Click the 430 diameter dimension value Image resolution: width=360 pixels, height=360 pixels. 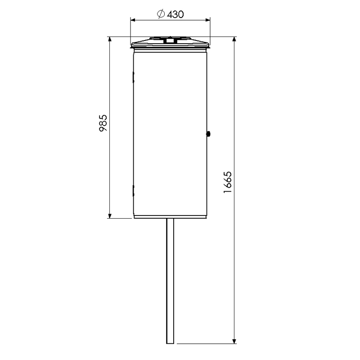tap(175, 14)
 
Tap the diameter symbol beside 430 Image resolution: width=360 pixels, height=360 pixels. tap(161, 14)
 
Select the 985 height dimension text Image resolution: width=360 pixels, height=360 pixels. tap(103, 123)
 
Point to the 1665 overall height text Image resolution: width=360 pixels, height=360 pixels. tap(228, 182)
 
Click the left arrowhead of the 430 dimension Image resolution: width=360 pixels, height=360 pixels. tap(133, 20)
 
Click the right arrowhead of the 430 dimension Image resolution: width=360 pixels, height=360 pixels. tap(207, 20)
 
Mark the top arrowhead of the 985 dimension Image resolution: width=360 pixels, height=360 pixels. tap(110, 39)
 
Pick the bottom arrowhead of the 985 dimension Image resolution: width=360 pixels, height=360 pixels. tap(110, 216)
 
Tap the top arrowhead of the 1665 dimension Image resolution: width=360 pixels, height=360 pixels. tap(234, 39)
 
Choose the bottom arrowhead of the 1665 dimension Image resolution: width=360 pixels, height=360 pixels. tap(234, 341)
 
